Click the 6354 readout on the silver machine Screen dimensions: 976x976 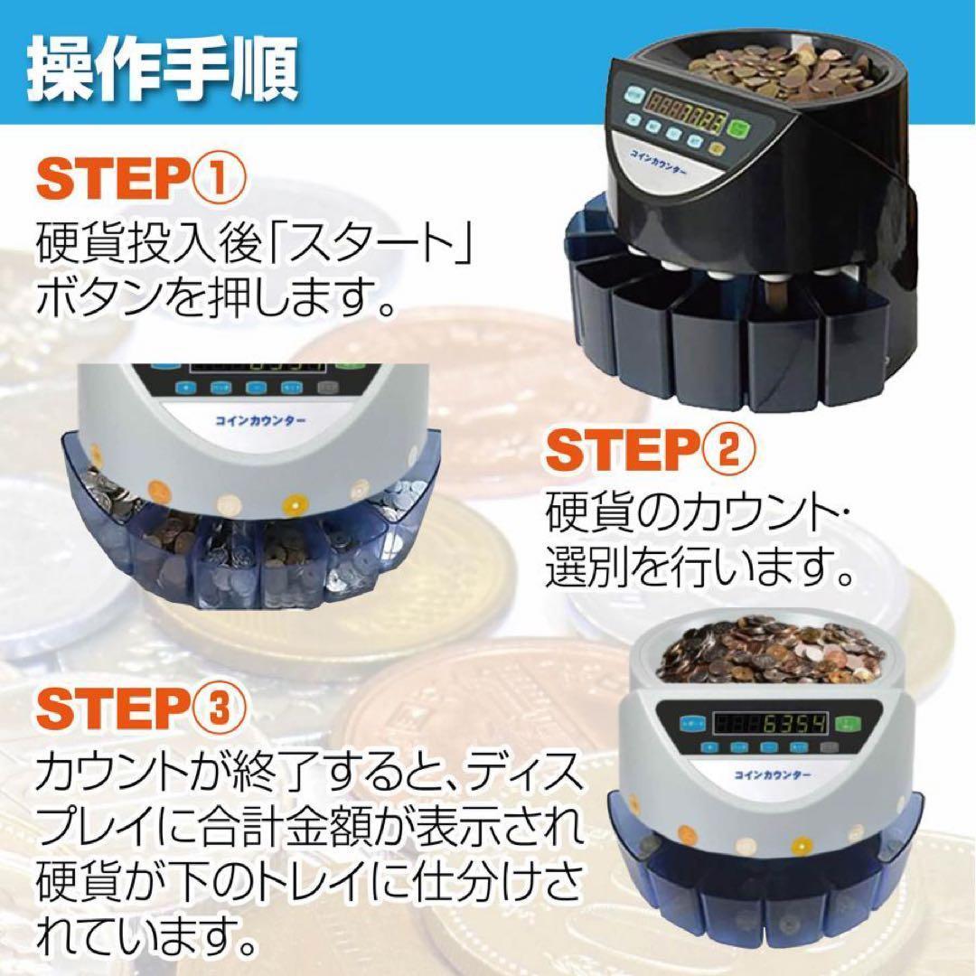(x=780, y=724)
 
